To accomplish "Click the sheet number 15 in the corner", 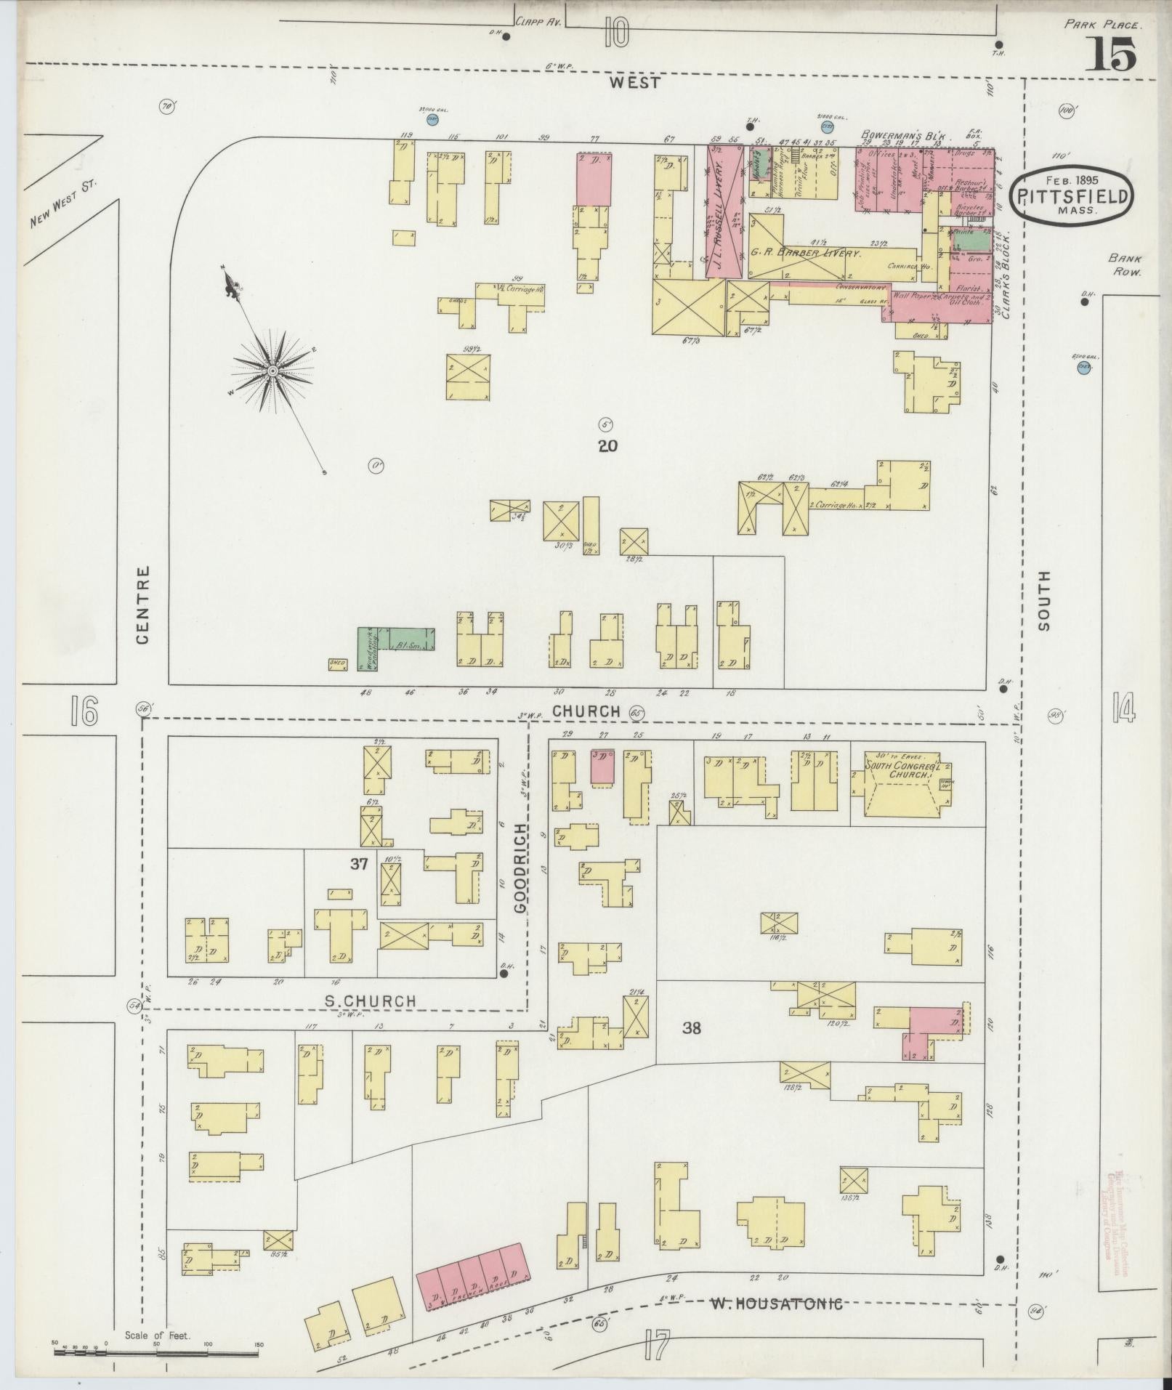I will pos(1111,54).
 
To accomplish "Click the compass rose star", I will pos(272,371).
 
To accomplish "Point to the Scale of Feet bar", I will pos(157,1353).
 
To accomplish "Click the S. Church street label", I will pos(371,1001).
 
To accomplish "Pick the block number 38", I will pos(691,1027).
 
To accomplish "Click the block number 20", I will pos(607,445).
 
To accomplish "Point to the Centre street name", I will pos(142,605).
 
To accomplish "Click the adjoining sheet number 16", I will pos(84,711).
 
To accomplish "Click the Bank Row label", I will pos(1125,264).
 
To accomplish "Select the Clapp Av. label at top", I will pos(536,23).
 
